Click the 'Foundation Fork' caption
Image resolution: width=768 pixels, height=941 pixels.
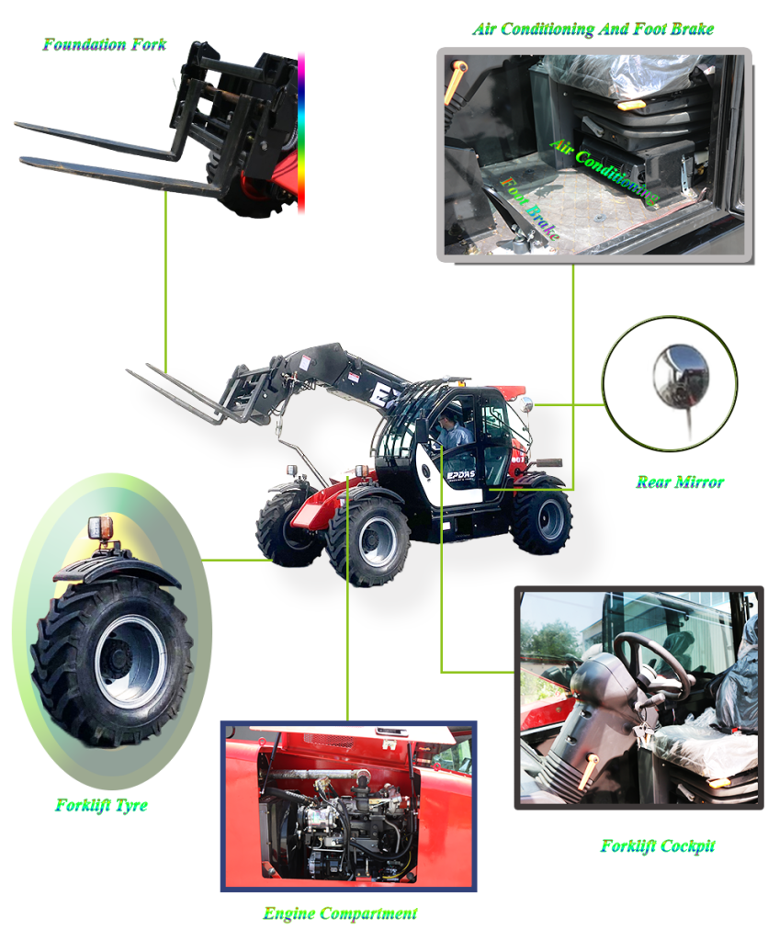pos(104,43)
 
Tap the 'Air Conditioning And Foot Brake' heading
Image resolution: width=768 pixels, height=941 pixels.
pos(593,29)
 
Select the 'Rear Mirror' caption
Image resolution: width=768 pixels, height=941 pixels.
pos(679,482)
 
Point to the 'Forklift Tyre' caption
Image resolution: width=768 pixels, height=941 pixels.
pos(101,806)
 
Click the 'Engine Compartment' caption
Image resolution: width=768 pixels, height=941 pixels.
pos(340,913)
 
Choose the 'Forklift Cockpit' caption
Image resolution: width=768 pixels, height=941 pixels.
pos(657,845)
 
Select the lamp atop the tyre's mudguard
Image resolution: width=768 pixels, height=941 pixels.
pos(100,530)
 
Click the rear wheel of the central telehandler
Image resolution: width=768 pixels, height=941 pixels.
pos(542,520)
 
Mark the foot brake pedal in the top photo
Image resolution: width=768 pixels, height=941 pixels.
pos(524,237)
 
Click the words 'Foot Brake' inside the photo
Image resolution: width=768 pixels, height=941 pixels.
pos(529,209)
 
